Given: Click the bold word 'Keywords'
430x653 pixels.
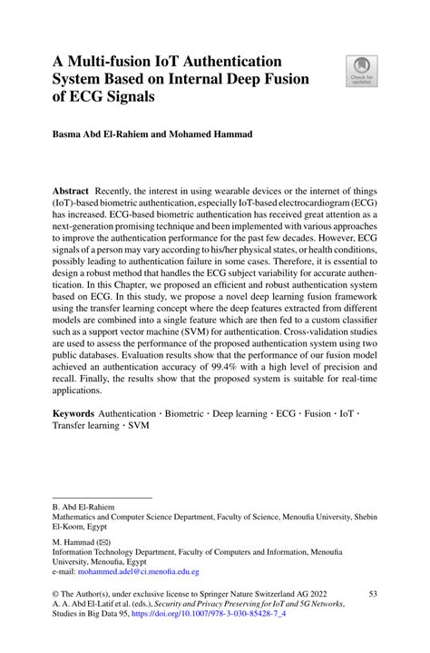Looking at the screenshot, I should pos(74,412).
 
